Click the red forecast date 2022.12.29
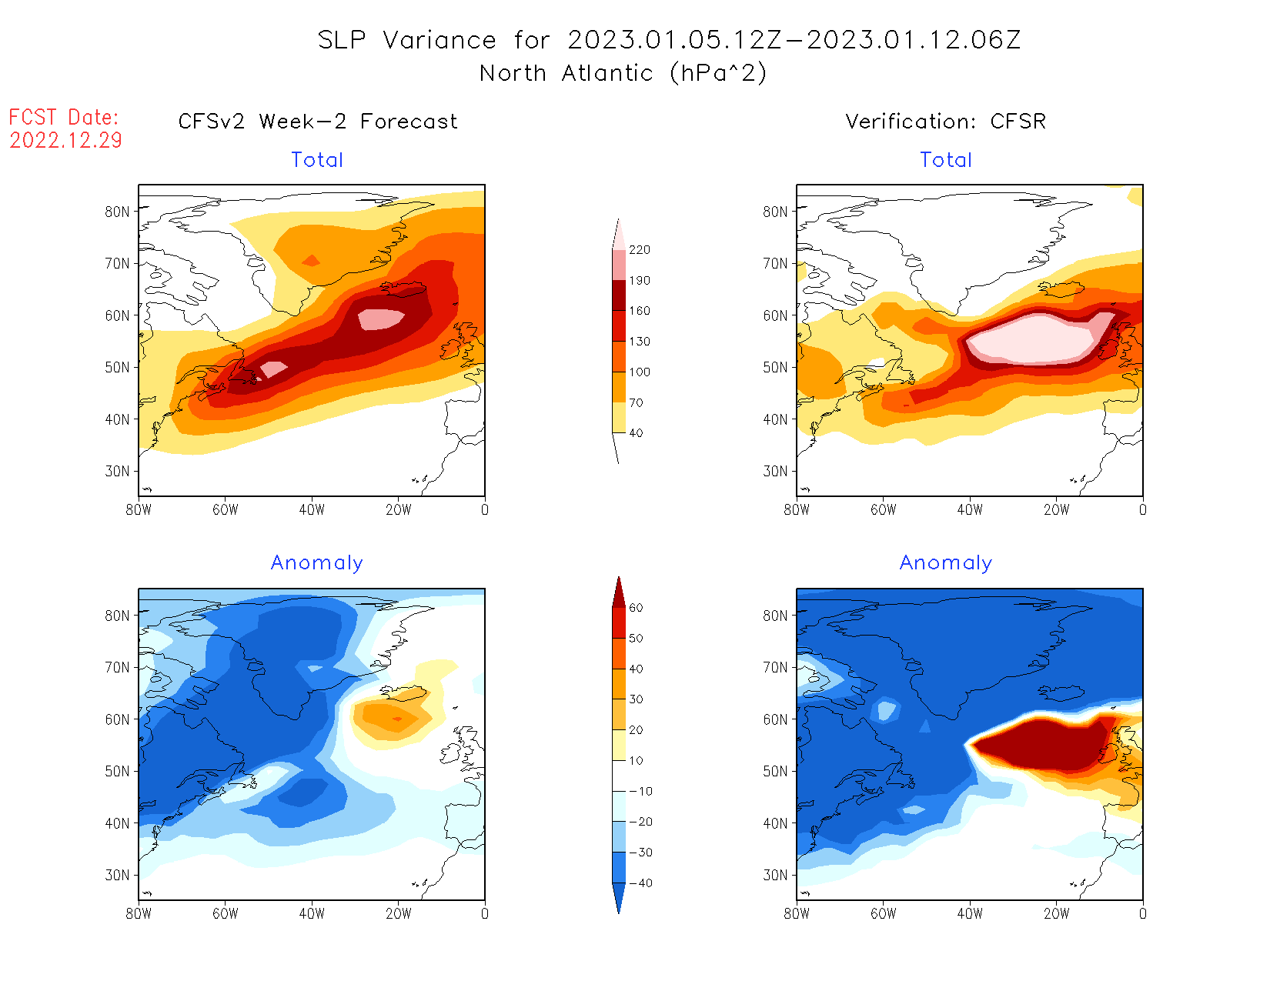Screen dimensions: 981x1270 coord(65,141)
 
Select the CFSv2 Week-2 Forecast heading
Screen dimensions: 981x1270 coord(317,122)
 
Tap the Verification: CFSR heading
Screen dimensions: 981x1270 coord(945,122)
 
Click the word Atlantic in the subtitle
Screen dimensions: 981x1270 coord(607,73)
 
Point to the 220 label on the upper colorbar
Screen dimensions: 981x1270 coord(639,250)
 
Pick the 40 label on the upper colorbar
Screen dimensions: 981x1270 coord(636,433)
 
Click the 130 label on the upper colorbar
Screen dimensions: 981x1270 coord(639,342)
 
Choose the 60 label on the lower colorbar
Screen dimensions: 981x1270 coord(636,608)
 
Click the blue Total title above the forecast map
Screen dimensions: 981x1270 coord(317,160)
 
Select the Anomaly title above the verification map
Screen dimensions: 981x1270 coord(945,563)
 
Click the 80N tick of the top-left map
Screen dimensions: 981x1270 coord(117,212)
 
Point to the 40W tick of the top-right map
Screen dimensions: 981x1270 coord(970,509)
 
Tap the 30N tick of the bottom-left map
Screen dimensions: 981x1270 coord(117,876)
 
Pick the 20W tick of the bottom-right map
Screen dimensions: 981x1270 coord(1056,914)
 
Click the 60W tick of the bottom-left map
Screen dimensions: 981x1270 coord(225,914)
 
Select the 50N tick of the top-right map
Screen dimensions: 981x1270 coord(775,368)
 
